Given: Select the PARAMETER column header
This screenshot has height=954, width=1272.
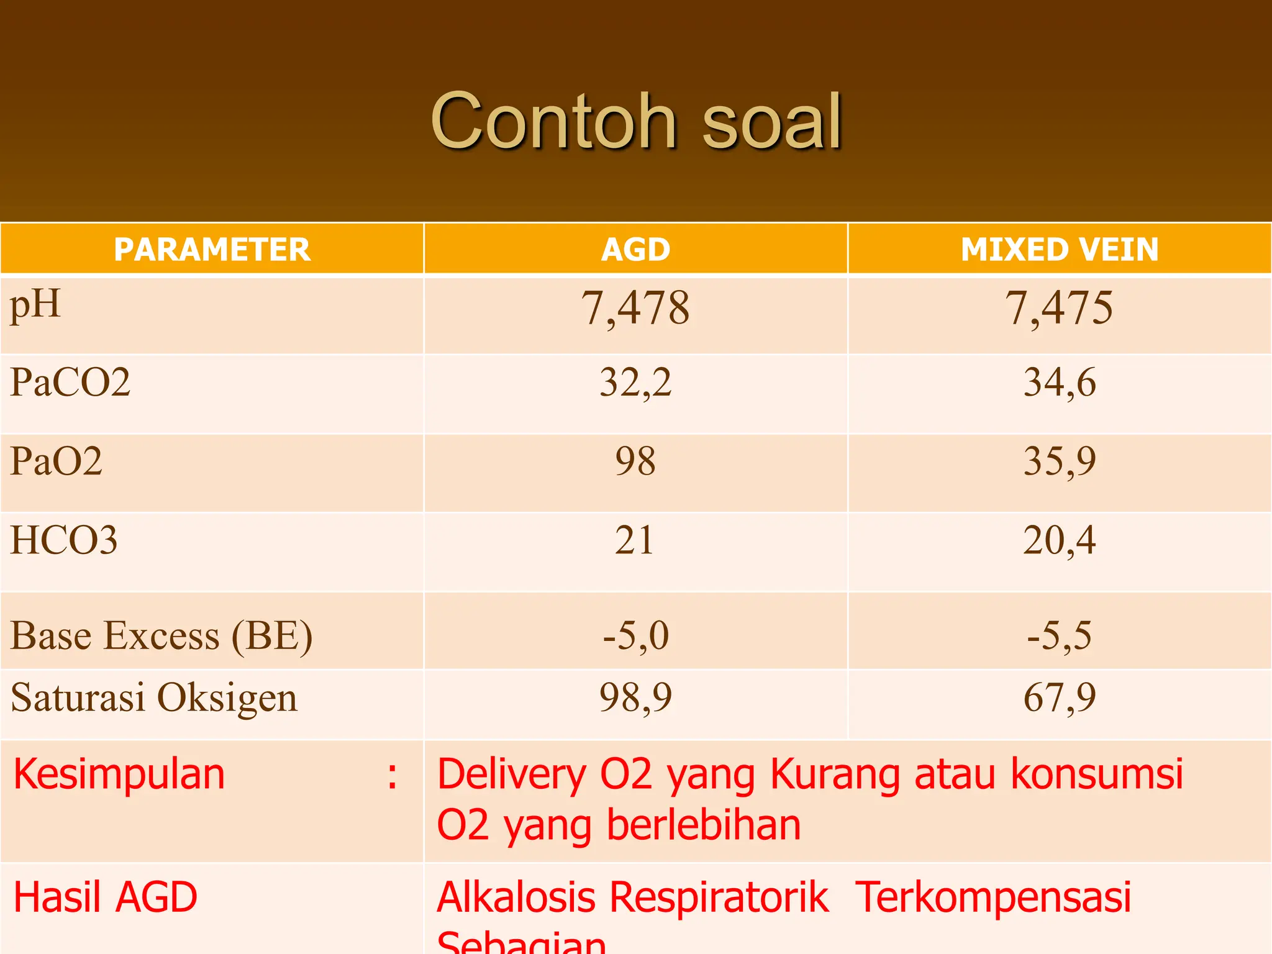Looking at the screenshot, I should tap(212, 250).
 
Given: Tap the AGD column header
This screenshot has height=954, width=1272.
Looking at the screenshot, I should tap(635, 250).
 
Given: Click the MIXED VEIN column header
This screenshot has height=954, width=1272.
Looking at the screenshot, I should tap(1060, 250).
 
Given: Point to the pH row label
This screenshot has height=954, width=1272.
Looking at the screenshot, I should tap(35, 304).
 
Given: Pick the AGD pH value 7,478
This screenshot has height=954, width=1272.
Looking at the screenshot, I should tap(635, 308).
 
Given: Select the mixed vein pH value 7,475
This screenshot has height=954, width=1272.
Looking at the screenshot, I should tap(1059, 308).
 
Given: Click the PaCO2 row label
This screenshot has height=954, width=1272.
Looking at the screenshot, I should tap(70, 382).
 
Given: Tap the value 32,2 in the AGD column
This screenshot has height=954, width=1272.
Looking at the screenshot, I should tap(635, 382).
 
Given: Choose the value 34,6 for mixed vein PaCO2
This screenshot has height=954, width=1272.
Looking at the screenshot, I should tap(1060, 382).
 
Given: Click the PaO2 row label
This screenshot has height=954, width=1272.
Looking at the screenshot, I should tap(56, 461).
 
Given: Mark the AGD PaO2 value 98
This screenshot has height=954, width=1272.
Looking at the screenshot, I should tap(635, 461).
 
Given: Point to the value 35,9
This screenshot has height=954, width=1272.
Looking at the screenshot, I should tap(1060, 461).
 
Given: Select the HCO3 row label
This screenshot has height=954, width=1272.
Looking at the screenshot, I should tap(64, 540).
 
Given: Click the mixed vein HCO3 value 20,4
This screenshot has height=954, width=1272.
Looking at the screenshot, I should tap(1060, 540).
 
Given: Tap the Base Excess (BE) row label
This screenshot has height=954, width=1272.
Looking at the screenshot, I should tap(161, 636).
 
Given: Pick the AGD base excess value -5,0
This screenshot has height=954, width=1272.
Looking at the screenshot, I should tap(635, 636).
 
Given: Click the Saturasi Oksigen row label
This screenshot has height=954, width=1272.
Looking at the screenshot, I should tap(154, 697).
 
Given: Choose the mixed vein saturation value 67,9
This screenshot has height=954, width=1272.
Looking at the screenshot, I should tap(1060, 697).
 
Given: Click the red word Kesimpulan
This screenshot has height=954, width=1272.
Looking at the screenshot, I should tap(119, 775).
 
